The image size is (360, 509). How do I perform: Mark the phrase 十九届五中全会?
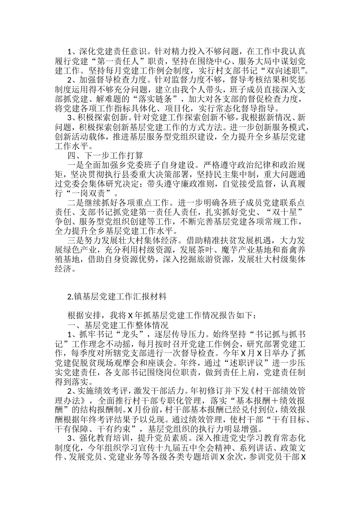click(x=169, y=448)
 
